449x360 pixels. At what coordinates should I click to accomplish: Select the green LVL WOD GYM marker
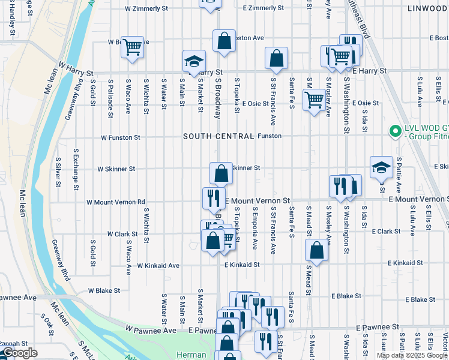coord(395,131)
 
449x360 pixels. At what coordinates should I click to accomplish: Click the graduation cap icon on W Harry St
coord(194,61)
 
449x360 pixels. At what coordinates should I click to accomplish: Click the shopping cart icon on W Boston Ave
coord(132,47)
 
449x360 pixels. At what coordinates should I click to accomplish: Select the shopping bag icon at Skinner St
coord(221,173)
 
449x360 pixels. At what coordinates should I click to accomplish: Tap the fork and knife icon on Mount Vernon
coord(214,198)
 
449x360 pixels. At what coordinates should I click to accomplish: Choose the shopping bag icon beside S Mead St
coord(317,251)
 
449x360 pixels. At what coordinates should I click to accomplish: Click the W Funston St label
coord(120,137)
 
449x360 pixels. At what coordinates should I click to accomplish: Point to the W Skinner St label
coord(116,169)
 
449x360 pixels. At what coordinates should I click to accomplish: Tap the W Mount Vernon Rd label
coord(116,202)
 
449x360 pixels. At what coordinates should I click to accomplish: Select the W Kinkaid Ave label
coord(158,265)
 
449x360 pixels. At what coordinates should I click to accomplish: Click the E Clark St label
coord(385,231)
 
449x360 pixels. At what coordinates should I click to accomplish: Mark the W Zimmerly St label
coord(146,8)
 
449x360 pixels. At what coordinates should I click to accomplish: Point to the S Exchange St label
coord(75,170)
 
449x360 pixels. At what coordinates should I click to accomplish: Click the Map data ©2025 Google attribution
coord(412,355)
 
